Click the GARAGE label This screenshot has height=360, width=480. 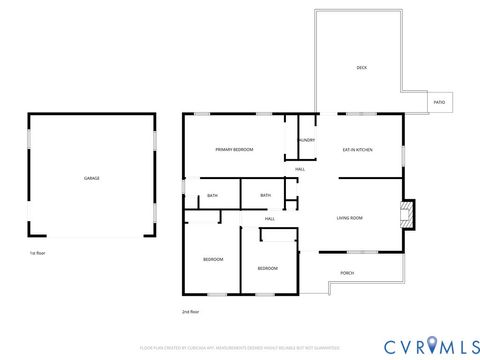pos(91,178)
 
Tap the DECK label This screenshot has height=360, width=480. pos(361,68)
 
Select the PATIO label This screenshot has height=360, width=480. pos(439,102)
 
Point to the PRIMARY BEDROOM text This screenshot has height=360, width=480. pos(234,149)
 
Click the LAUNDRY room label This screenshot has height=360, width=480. pos(306,140)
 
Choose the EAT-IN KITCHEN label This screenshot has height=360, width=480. pos(358,149)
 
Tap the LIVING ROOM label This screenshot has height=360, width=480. pos(349,217)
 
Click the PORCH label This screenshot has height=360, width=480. pos(347,273)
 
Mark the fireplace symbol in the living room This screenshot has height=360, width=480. pos(405,212)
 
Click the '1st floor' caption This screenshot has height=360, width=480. pos(38,253)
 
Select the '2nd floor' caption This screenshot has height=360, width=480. pos(190,312)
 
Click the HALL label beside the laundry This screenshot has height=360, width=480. pos(300,169)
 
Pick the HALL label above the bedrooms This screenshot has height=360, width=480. pos(270,218)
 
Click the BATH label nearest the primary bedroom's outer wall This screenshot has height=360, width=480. pos(212,195)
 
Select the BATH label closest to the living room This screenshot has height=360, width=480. pos(265,195)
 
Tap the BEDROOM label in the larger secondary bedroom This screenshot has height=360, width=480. pos(213,260)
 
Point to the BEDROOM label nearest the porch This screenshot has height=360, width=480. pos(267,268)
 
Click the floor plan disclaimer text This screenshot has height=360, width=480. pos(240,347)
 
